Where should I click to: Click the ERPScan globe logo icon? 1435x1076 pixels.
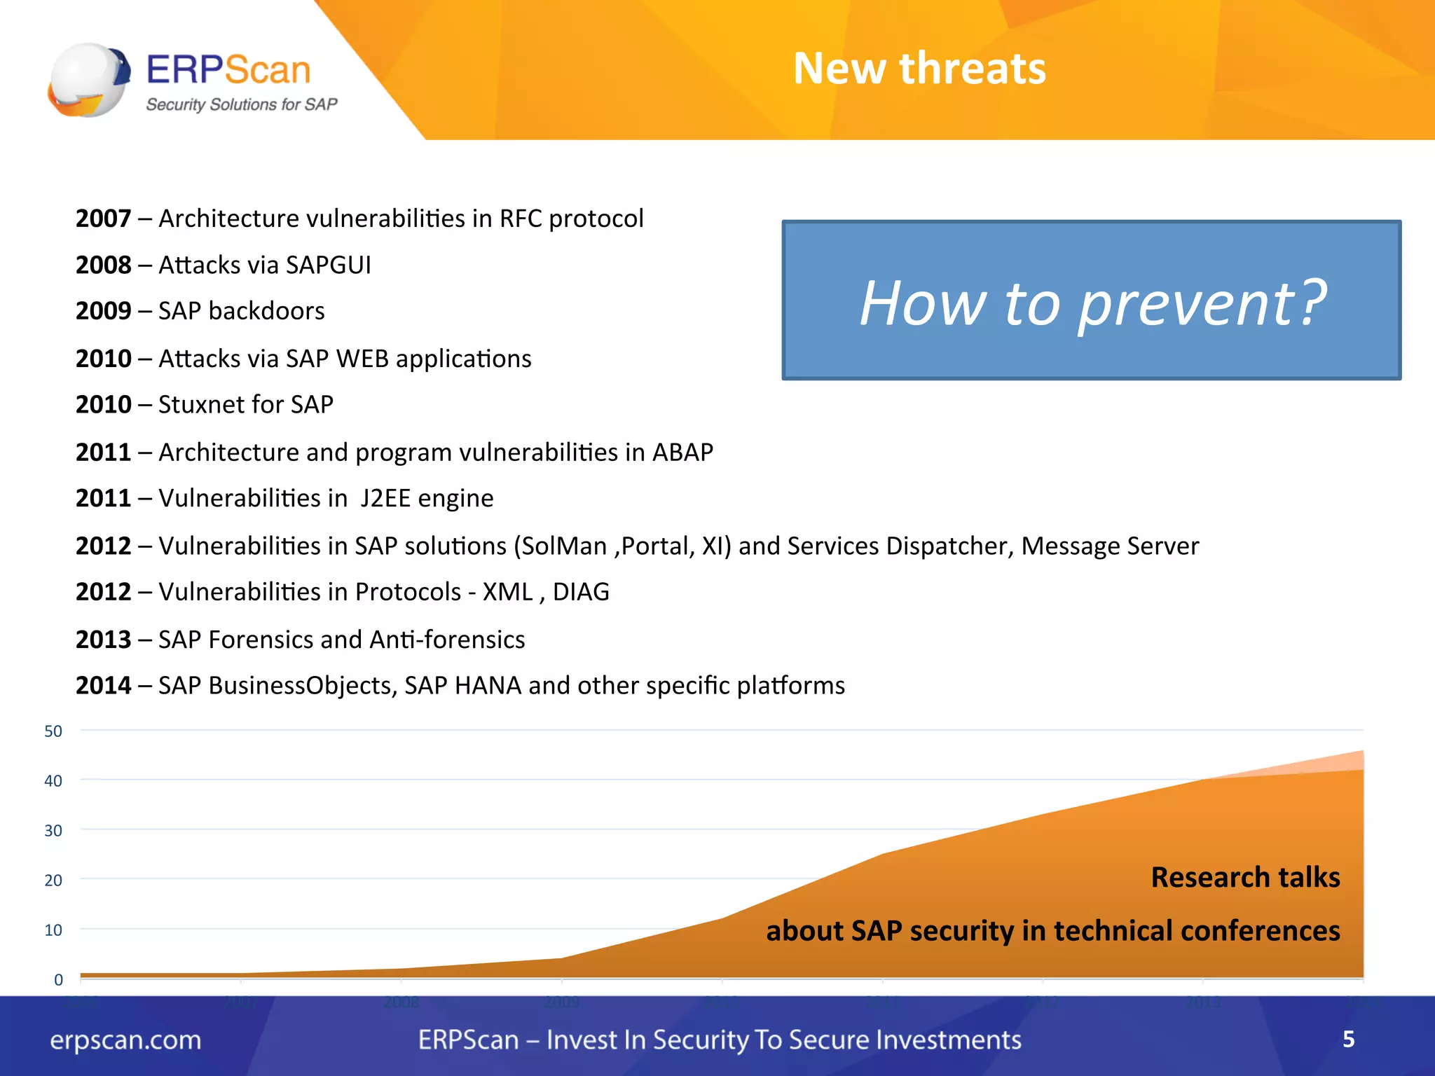[88, 79]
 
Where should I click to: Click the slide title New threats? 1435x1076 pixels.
[919, 69]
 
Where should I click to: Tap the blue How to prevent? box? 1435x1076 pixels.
[1091, 301]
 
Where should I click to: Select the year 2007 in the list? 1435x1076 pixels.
[103, 219]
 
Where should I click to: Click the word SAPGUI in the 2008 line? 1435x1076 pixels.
[329, 265]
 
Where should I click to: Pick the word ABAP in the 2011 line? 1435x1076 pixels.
[682, 453]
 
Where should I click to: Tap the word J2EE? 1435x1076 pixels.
[385, 498]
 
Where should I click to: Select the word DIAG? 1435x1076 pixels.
[581, 592]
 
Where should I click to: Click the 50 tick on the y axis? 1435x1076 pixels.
[53, 731]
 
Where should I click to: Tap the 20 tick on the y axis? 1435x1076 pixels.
[53, 881]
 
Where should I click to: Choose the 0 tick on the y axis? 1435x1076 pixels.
[58, 980]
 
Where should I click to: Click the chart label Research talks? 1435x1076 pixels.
[1245, 877]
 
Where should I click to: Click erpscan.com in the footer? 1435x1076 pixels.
[125, 1040]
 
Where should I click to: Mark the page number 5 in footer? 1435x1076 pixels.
[1348, 1039]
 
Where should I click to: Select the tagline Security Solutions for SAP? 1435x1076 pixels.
[241, 104]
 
